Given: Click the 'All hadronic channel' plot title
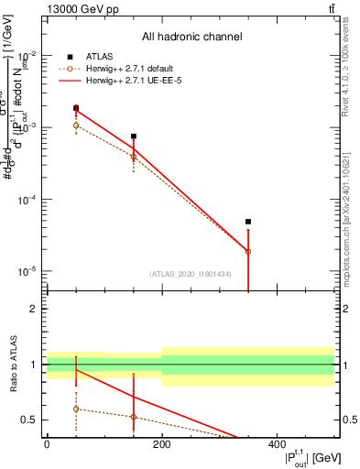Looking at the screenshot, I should [191, 38].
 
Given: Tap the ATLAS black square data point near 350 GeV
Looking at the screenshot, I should [248, 222].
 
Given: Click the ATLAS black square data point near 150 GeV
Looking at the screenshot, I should [134, 136].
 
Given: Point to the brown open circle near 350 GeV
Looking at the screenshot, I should [248, 251].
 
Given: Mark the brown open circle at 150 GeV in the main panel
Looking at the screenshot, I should [134, 157].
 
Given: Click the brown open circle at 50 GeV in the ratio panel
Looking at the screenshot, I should [76, 409].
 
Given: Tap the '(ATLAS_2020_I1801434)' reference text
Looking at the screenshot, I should [190, 274].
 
